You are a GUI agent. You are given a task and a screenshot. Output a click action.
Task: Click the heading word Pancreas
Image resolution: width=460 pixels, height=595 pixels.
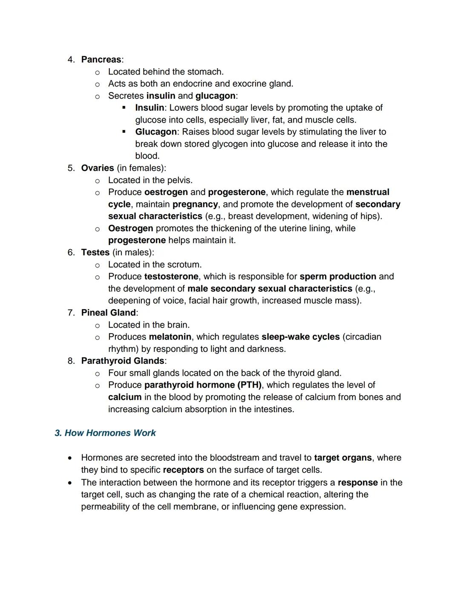101,60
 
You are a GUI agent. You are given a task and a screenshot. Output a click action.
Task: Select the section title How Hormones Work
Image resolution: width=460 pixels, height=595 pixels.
105,433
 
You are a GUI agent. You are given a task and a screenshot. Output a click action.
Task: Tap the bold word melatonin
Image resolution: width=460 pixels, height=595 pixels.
170,337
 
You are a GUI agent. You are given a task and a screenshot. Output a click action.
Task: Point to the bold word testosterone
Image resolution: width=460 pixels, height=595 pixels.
171,276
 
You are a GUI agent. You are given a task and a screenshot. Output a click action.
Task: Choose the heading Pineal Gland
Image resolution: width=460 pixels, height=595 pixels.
108,313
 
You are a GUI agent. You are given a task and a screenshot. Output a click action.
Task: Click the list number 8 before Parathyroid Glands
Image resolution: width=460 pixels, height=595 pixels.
71,361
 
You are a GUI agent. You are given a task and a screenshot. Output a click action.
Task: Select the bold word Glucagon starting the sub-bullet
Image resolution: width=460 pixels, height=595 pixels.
155,132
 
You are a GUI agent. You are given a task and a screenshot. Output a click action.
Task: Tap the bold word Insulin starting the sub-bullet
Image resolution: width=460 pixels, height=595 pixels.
149,108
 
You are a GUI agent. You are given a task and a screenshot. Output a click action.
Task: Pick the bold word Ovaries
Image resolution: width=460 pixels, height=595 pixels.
98,168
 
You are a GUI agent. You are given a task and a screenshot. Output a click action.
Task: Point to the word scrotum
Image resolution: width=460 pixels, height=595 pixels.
184,264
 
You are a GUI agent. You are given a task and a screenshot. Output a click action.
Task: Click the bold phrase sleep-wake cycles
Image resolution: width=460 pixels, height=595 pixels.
300,337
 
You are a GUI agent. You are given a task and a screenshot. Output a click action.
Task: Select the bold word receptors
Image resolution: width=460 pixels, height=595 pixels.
183,470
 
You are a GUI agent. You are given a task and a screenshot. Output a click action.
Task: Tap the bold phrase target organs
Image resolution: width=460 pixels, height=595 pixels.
342,458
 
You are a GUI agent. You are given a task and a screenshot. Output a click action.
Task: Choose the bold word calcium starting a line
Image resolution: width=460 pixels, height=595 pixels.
124,397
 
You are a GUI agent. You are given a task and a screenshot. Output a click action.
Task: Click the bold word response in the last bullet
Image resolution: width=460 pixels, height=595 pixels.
357,483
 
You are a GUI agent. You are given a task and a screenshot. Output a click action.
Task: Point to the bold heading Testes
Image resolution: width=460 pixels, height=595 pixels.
95,253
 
